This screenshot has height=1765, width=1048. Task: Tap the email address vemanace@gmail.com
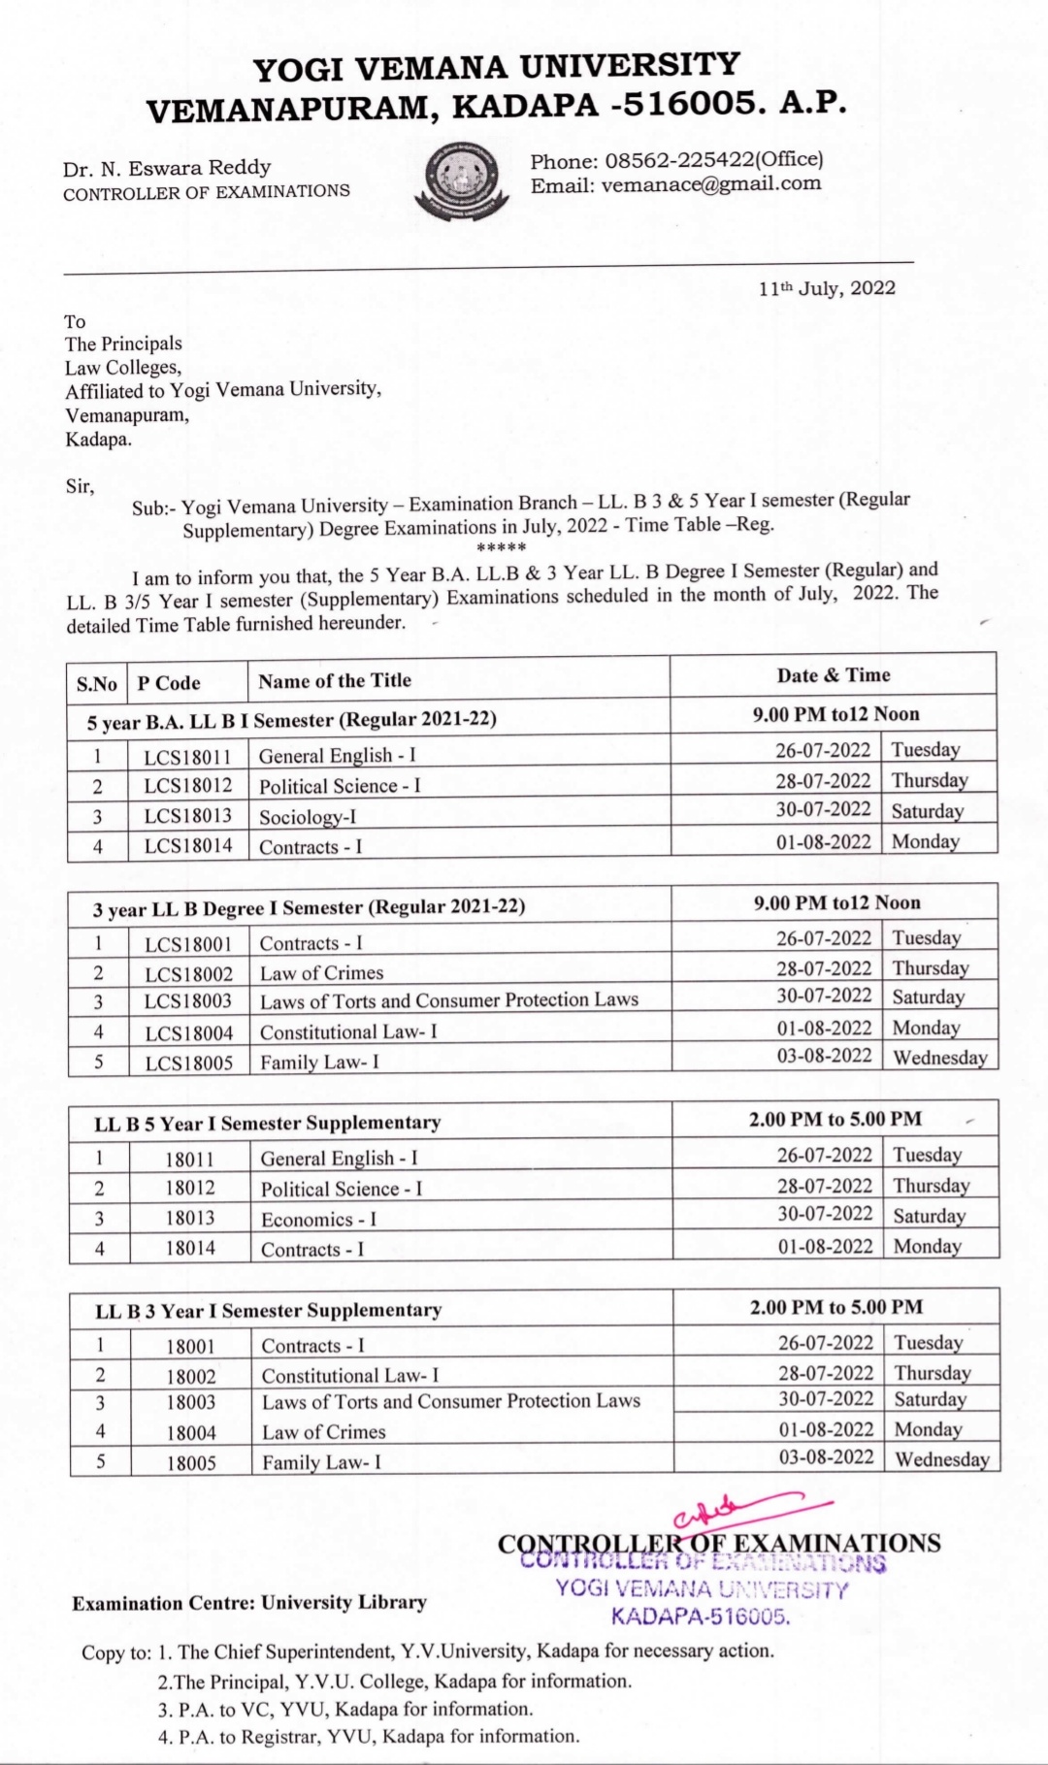click(x=710, y=184)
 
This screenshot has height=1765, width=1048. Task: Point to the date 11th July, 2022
click(x=827, y=288)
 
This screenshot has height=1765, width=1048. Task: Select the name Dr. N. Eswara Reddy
click(x=167, y=168)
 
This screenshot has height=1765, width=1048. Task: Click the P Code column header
click(x=169, y=683)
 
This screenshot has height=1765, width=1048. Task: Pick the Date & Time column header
click(x=833, y=675)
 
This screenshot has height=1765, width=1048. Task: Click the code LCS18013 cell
click(x=188, y=816)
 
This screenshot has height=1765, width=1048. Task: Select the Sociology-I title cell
click(x=308, y=817)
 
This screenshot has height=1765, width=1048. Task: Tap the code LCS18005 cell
click(x=189, y=1062)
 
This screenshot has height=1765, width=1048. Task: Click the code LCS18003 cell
click(x=189, y=1002)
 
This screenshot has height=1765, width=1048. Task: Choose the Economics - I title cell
click(x=318, y=1220)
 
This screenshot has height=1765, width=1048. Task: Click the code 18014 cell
click(x=190, y=1249)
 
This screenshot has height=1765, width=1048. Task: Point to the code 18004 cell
click(x=191, y=1432)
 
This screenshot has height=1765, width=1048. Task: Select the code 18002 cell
click(x=191, y=1376)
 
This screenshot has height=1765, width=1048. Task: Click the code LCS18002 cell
click(x=189, y=973)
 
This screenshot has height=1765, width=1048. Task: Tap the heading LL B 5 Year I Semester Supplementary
click(x=268, y=1124)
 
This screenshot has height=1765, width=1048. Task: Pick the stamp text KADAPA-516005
click(x=701, y=1617)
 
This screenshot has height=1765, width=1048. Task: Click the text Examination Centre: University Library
click(x=249, y=1603)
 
